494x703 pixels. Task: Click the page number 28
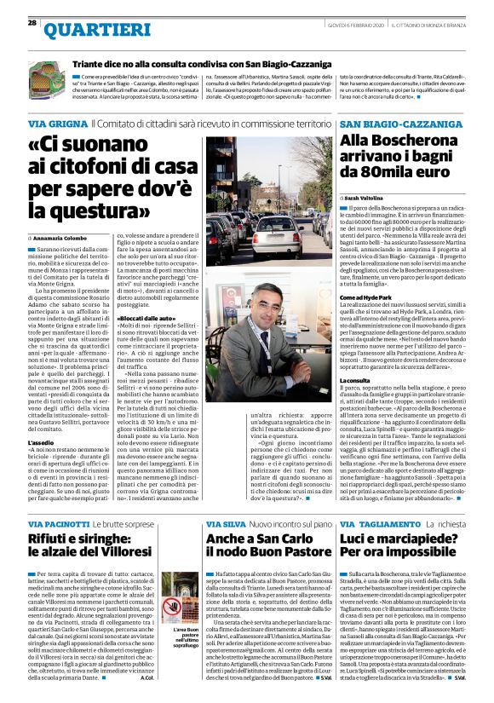pos(32,22)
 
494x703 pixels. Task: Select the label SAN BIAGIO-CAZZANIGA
pos(391,124)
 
